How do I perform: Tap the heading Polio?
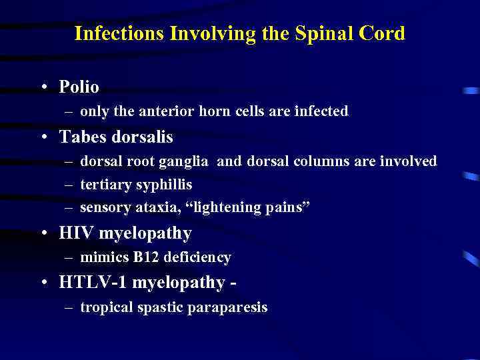click(79, 87)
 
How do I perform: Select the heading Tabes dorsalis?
click(116, 137)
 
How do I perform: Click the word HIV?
click(75, 234)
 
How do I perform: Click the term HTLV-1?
click(93, 283)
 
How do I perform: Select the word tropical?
click(105, 307)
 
